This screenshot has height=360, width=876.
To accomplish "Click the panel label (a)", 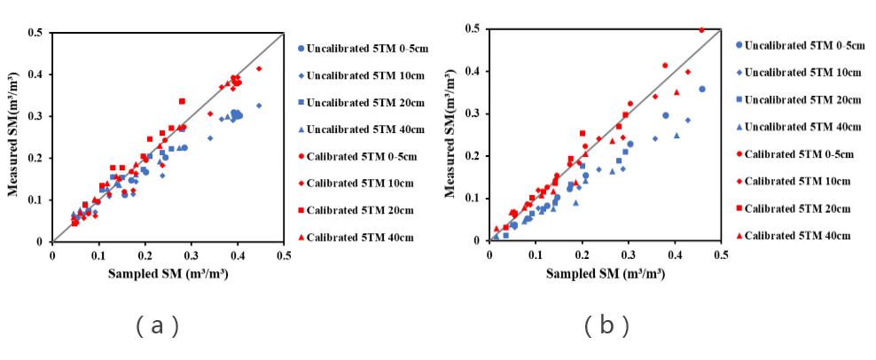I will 159,325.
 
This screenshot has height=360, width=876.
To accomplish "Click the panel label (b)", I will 606,325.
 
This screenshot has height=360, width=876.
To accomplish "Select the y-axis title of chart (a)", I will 15,137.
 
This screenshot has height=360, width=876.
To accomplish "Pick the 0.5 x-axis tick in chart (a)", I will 284,255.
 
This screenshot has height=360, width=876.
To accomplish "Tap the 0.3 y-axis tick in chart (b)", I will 475,113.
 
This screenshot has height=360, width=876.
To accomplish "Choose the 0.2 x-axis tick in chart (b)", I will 582,254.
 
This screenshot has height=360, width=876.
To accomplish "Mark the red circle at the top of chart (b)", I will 701,29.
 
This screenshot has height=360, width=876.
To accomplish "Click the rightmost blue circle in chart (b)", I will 702,89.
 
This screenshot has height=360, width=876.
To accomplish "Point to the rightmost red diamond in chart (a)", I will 259,68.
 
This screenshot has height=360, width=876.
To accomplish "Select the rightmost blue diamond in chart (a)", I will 259,106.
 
